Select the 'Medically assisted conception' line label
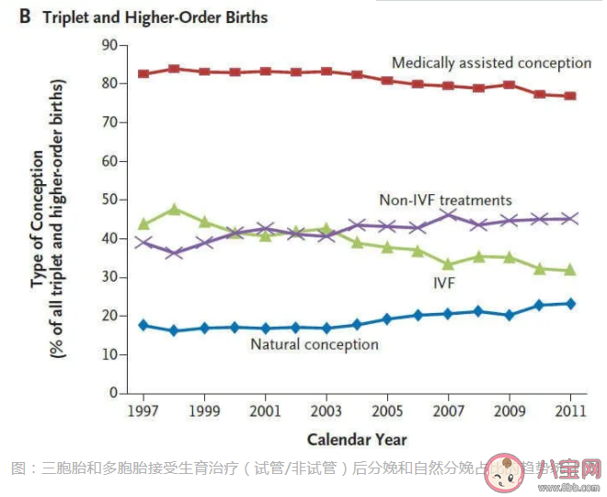491,63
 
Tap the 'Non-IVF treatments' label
445,200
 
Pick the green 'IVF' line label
444,284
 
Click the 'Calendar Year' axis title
357,439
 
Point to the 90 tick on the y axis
109,45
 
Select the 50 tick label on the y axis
109,200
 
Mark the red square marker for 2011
570,96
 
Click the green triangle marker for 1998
174,209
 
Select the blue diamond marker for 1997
143,325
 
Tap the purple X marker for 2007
448,214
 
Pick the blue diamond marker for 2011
570,304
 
